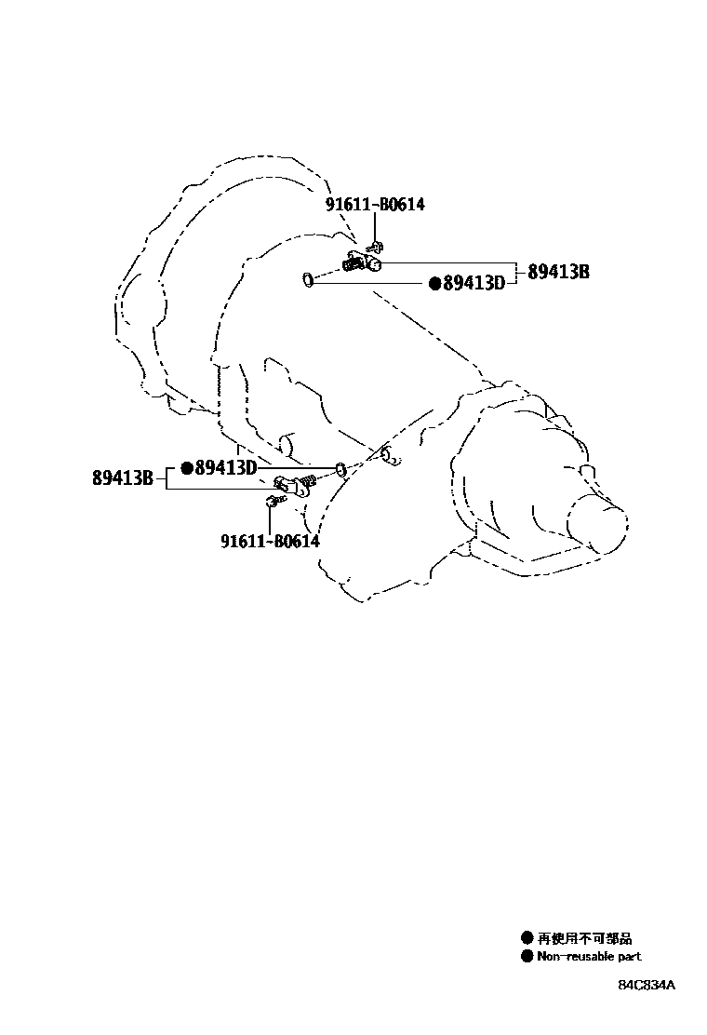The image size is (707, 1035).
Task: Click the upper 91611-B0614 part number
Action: pos(375,205)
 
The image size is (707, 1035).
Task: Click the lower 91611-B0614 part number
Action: pos(270,541)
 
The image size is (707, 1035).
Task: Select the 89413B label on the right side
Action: pos(559,273)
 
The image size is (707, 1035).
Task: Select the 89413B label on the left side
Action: pos(123,478)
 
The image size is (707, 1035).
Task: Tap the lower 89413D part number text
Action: pos(225,468)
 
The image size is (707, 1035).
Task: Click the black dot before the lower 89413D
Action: pos(186,468)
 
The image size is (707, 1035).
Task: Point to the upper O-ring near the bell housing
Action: pos(306,277)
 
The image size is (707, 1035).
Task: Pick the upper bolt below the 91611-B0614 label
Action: pos(376,248)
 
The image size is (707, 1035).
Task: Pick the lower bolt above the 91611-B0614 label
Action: pos(271,502)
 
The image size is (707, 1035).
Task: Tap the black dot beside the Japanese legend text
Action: pos(527,939)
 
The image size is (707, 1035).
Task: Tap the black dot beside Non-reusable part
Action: pos(527,956)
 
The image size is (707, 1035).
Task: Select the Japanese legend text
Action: pos(584,939)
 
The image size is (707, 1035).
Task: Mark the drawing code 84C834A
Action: pos(647,985)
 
